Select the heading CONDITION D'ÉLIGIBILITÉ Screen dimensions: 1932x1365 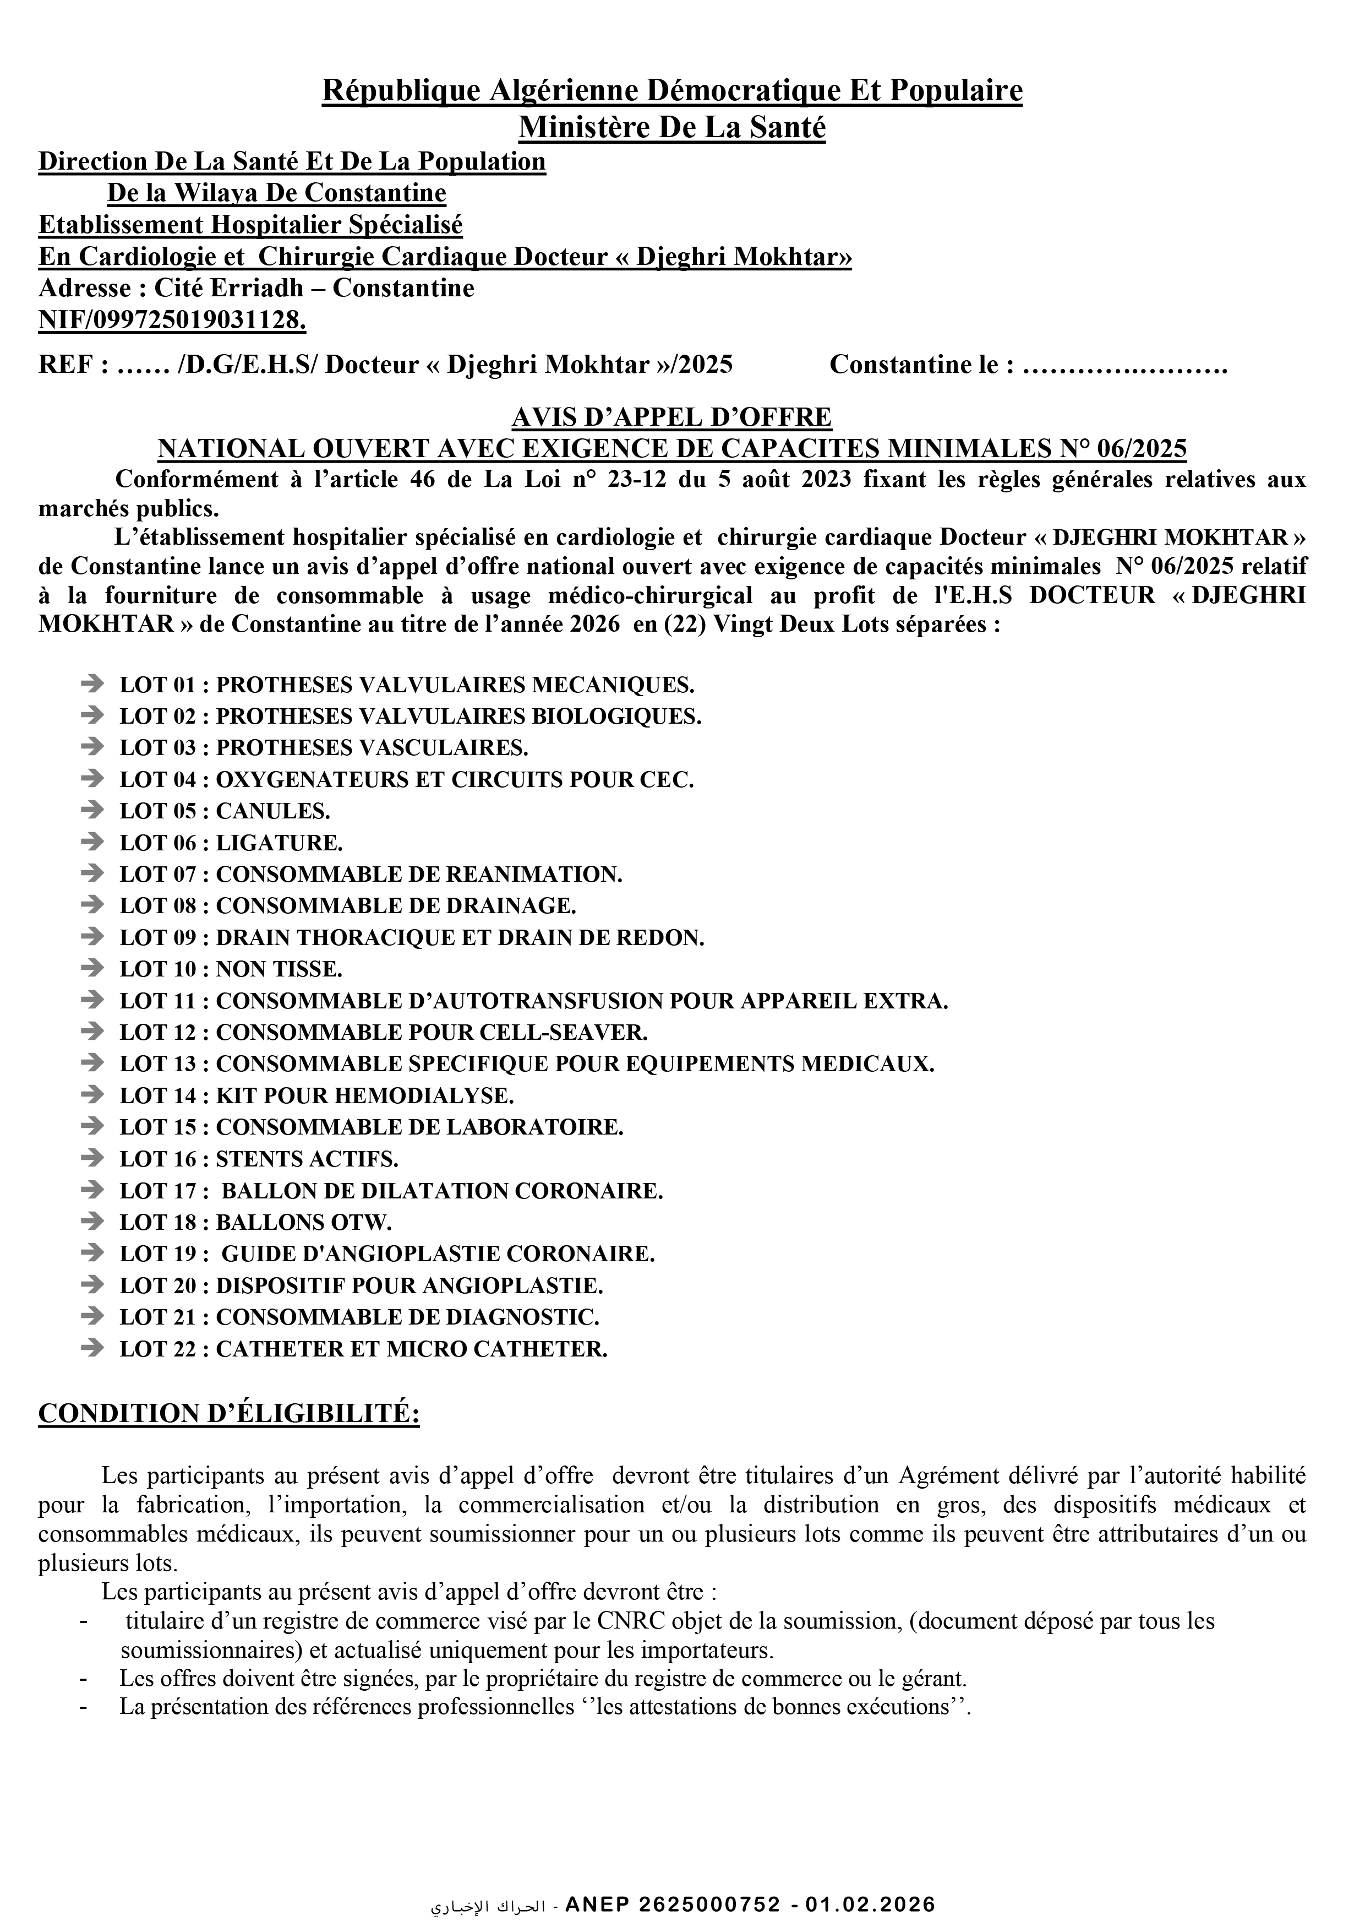229,1414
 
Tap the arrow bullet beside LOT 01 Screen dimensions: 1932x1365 92,683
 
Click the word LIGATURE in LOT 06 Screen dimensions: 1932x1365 279,843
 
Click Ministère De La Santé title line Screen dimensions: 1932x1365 671,127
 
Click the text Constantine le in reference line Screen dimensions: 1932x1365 921,365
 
